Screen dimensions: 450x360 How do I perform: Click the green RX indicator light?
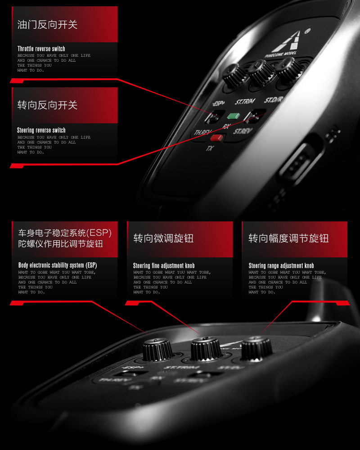pos(233,115)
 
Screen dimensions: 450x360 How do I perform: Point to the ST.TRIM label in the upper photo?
pos(244,102)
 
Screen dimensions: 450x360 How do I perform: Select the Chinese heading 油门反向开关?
pos(47,25)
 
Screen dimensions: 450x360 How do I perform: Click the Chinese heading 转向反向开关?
pos(47,105)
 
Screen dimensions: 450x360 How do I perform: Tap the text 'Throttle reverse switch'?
pos(41,49)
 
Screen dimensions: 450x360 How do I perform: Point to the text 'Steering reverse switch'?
pos(41,130)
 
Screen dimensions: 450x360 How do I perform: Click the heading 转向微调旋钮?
pos(163,238)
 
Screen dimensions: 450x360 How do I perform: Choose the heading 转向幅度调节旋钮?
pos(288,238)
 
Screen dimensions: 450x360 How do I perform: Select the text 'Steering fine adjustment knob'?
pos(164,266)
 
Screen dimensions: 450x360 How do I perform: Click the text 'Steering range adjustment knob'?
pos(281,266)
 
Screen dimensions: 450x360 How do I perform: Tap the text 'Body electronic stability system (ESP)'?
pos(57,265)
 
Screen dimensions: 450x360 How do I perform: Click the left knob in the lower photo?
pos(157,350)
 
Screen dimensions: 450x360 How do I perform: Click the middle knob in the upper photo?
pos(262,72)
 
